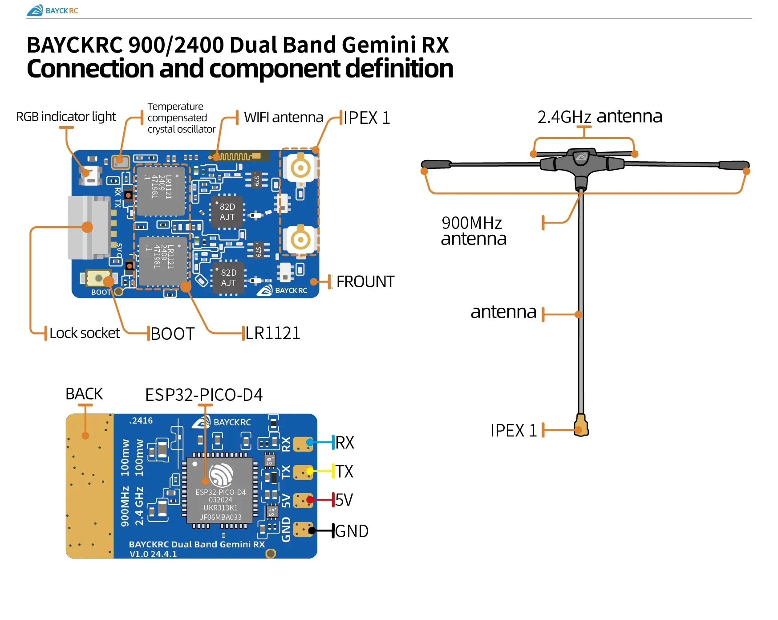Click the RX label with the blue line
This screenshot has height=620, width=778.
coord(344,443)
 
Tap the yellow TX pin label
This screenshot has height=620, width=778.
coord(344,471)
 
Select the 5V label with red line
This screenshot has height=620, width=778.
coord(344,500)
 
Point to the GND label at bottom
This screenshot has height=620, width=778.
coord(352,531)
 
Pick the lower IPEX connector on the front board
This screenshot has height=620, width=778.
coord(300,240)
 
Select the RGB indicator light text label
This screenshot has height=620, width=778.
coord(66,117)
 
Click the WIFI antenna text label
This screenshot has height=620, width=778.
coord(284,117)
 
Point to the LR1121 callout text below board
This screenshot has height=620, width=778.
coord(273,333)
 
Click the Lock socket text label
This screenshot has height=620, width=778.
coord(85,333)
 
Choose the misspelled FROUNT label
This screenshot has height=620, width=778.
coord(365,281)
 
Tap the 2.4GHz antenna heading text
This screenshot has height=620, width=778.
coord(600,117)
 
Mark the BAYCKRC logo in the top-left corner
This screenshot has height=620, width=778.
coord(52,10)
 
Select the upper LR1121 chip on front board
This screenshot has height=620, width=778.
coord(160,190)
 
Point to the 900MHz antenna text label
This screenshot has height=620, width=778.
coord(473,231)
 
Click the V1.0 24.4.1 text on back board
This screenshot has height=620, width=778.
coord(153,554)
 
